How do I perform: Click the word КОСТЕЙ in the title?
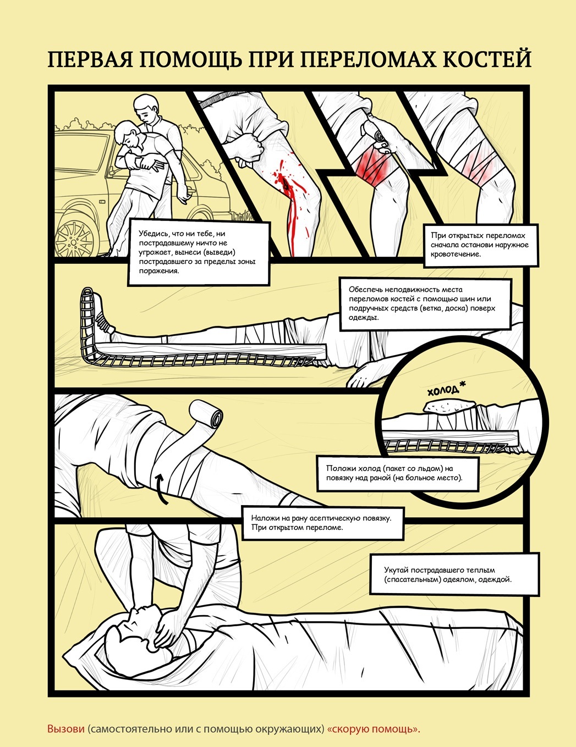486,59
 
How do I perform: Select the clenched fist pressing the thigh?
249,147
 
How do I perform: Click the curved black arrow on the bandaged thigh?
161,489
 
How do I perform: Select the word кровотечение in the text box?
456,254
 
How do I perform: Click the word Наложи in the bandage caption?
263,518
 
